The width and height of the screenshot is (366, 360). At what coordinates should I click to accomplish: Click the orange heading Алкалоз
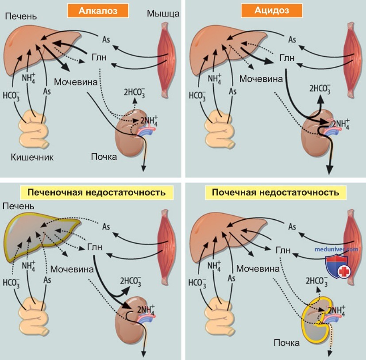click(x=98, y=11)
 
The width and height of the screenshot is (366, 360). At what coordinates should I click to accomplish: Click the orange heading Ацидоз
click(x=272, y=11)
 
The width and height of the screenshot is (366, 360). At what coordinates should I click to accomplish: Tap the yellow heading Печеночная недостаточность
click(x=96, y=192)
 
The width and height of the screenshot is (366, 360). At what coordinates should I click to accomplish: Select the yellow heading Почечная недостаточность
click(x=275, y=192)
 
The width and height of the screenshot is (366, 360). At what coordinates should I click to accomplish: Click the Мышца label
click(x=163, y=14)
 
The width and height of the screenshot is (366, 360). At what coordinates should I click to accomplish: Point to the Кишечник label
click(x=32, y=157)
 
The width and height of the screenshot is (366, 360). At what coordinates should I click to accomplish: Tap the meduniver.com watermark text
click(x=336, y=249)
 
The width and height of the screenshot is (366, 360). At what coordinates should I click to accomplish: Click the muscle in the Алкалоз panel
click(x=167, y=60)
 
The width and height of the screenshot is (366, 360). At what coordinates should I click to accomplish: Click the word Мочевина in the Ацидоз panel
click(x=261, y=79)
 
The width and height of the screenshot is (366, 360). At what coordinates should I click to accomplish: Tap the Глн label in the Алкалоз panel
click(x=99, y=57)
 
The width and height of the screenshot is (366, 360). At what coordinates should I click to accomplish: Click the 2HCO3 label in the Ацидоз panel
click(x=320, y=89)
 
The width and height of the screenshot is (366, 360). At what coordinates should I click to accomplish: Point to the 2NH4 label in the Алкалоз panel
click(x=149, y=121)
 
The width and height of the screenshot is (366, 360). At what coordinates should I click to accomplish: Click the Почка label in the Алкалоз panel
click(x=104, y=157)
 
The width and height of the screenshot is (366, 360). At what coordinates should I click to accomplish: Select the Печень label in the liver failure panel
click(x=18, y=206)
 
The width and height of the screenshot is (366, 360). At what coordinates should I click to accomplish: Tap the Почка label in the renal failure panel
click(x=287, y=343)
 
